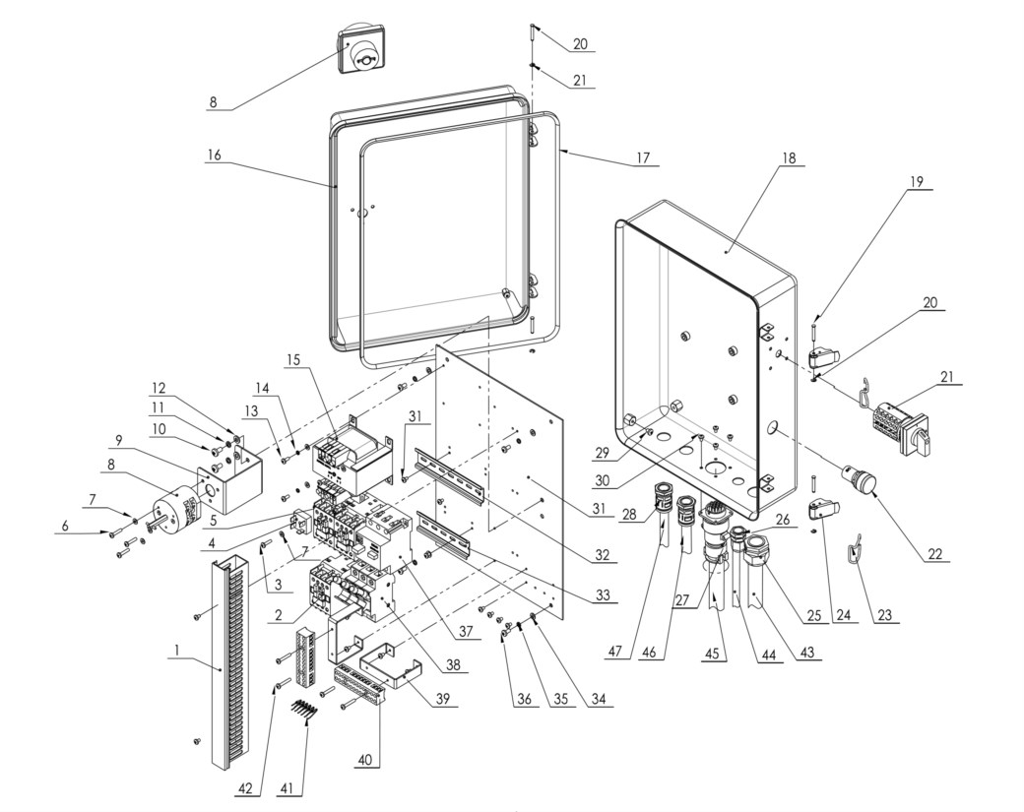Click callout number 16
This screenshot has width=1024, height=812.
(215, 156)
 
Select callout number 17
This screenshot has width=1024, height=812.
(643, 157)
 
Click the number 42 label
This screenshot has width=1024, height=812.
(244, 787)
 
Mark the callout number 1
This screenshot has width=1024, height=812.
(175, 651)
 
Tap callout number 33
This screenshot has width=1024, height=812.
(602, 595)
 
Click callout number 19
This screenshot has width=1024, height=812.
(917, 181)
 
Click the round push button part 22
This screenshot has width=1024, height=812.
(862, 481)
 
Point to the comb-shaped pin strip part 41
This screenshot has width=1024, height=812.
(305, 710)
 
